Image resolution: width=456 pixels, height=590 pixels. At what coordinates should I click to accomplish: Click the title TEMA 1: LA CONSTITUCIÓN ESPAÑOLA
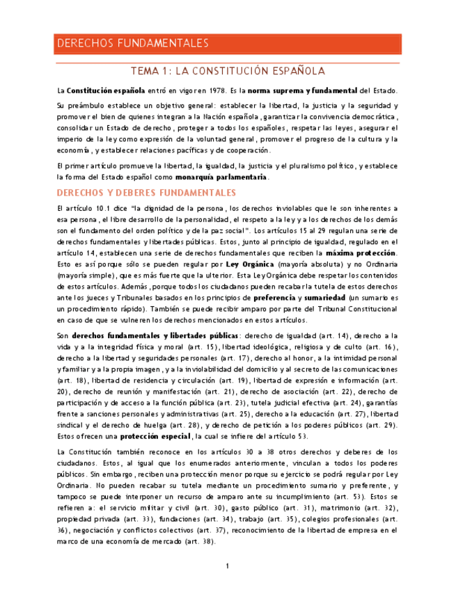pyautogui.click(x=228, y=71)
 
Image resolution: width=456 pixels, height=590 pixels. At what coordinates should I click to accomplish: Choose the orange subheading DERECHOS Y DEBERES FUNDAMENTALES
pyautogui.click(x=146, y=192)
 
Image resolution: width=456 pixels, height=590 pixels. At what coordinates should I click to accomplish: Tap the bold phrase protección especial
pyautogui.click(x=155, y=436)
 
